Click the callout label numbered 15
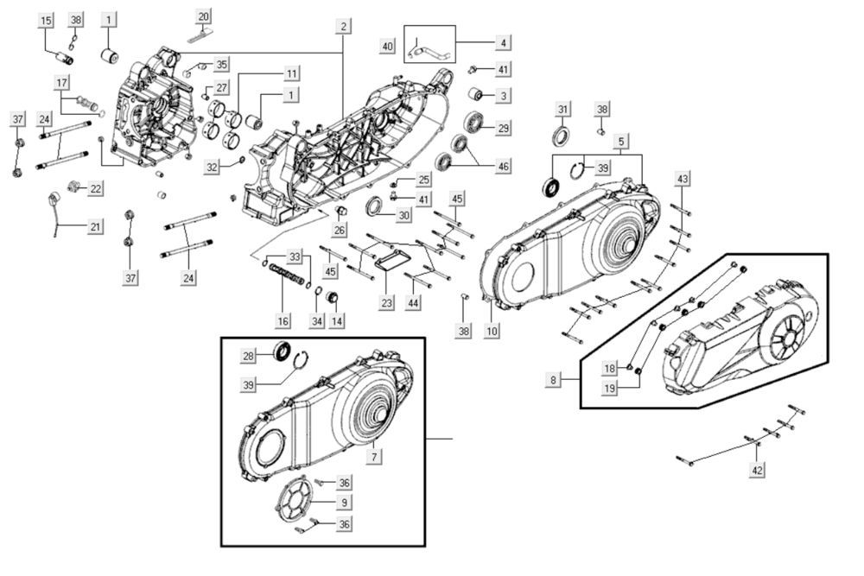point(46,20)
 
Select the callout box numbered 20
point(204,17)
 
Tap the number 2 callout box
point(343,27)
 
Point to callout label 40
point(388,45)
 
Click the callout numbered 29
point(503,128)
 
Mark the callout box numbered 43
point(683,178)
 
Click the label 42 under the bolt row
point(758,471)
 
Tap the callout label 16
point(283,321)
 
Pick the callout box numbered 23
point(386,304)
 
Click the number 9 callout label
point(344,502)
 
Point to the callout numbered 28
point(248,356)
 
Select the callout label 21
point(94,226)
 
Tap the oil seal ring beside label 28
point(283,352)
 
